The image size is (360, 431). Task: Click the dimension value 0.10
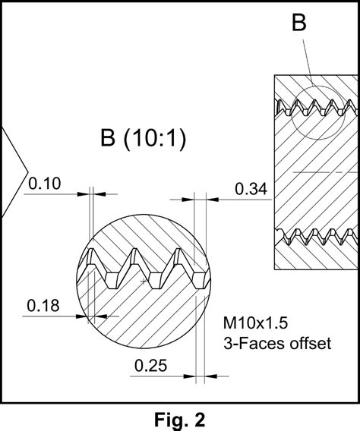tap(44, 184)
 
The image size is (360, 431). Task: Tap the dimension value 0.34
tap(251, 189)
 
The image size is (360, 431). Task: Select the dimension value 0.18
tap(43, 306)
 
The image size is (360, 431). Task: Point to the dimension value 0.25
tap(150, 366)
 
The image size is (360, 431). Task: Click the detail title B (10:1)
tap(144, 138)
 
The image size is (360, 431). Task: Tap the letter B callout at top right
tap(299, 23)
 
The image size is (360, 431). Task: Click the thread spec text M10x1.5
tap(255, 323)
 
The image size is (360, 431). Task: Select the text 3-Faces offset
tap(277, 343)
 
